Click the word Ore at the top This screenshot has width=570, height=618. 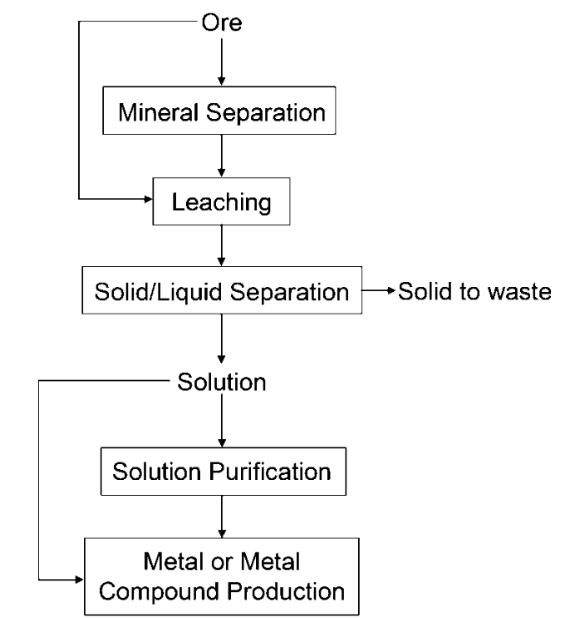click(x=222, y=22)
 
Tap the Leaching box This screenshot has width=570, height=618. click(x=222, y=200)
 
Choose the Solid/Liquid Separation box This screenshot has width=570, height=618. click(x=222, y=292)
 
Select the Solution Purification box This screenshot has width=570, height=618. click(x=222, y=472)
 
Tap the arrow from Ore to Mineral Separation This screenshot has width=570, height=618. click(x=222, y=62)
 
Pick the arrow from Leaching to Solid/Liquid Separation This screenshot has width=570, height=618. click(x=222, y=246)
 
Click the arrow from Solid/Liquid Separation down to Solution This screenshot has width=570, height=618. click(x=222, y=337)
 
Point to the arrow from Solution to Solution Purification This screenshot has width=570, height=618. click(x=222, y=425)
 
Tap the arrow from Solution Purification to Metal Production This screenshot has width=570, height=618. click(x=222, y=517)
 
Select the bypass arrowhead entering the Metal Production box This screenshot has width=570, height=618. click(x=80, y=578)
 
